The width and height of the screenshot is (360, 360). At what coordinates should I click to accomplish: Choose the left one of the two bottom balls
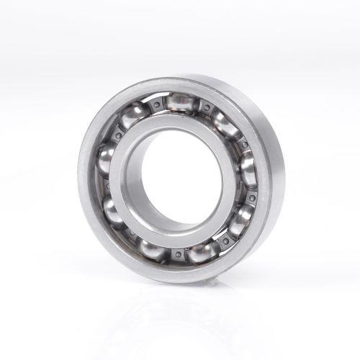pyautogui.click(x=151, y=248)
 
